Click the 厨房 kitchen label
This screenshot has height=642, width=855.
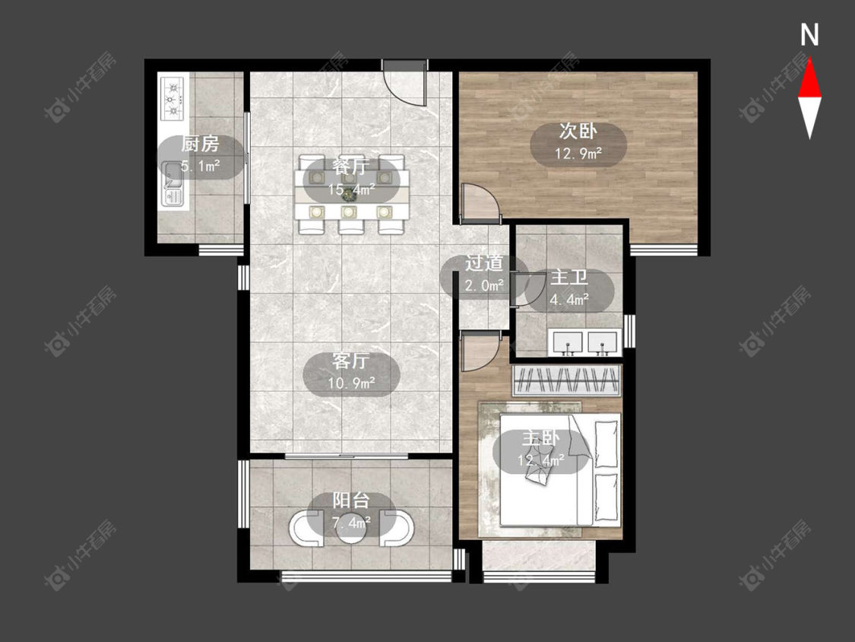coord(200,144)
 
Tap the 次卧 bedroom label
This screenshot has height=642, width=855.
coord(578,131)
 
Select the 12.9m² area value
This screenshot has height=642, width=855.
coord(578,154)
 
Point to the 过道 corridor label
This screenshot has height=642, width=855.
coord(483,263)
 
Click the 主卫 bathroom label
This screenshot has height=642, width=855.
coord(569,278)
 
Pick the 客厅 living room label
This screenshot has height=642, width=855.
coord(351,361)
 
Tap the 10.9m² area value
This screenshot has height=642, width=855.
coord(351,383)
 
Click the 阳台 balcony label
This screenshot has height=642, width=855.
coord(351,501)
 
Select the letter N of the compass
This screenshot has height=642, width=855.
coord(809,35)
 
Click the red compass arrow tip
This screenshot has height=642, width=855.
coord(809,59)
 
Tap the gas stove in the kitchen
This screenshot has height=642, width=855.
coord(173,99)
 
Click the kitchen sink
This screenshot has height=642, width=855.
coord(172,185)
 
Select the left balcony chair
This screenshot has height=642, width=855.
coord(306,528)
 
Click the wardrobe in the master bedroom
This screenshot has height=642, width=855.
coord(567,380)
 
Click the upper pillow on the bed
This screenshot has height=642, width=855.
coord(606,443)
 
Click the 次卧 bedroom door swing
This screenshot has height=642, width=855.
coord(480,204)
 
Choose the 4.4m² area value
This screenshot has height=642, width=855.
coord(569,300)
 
